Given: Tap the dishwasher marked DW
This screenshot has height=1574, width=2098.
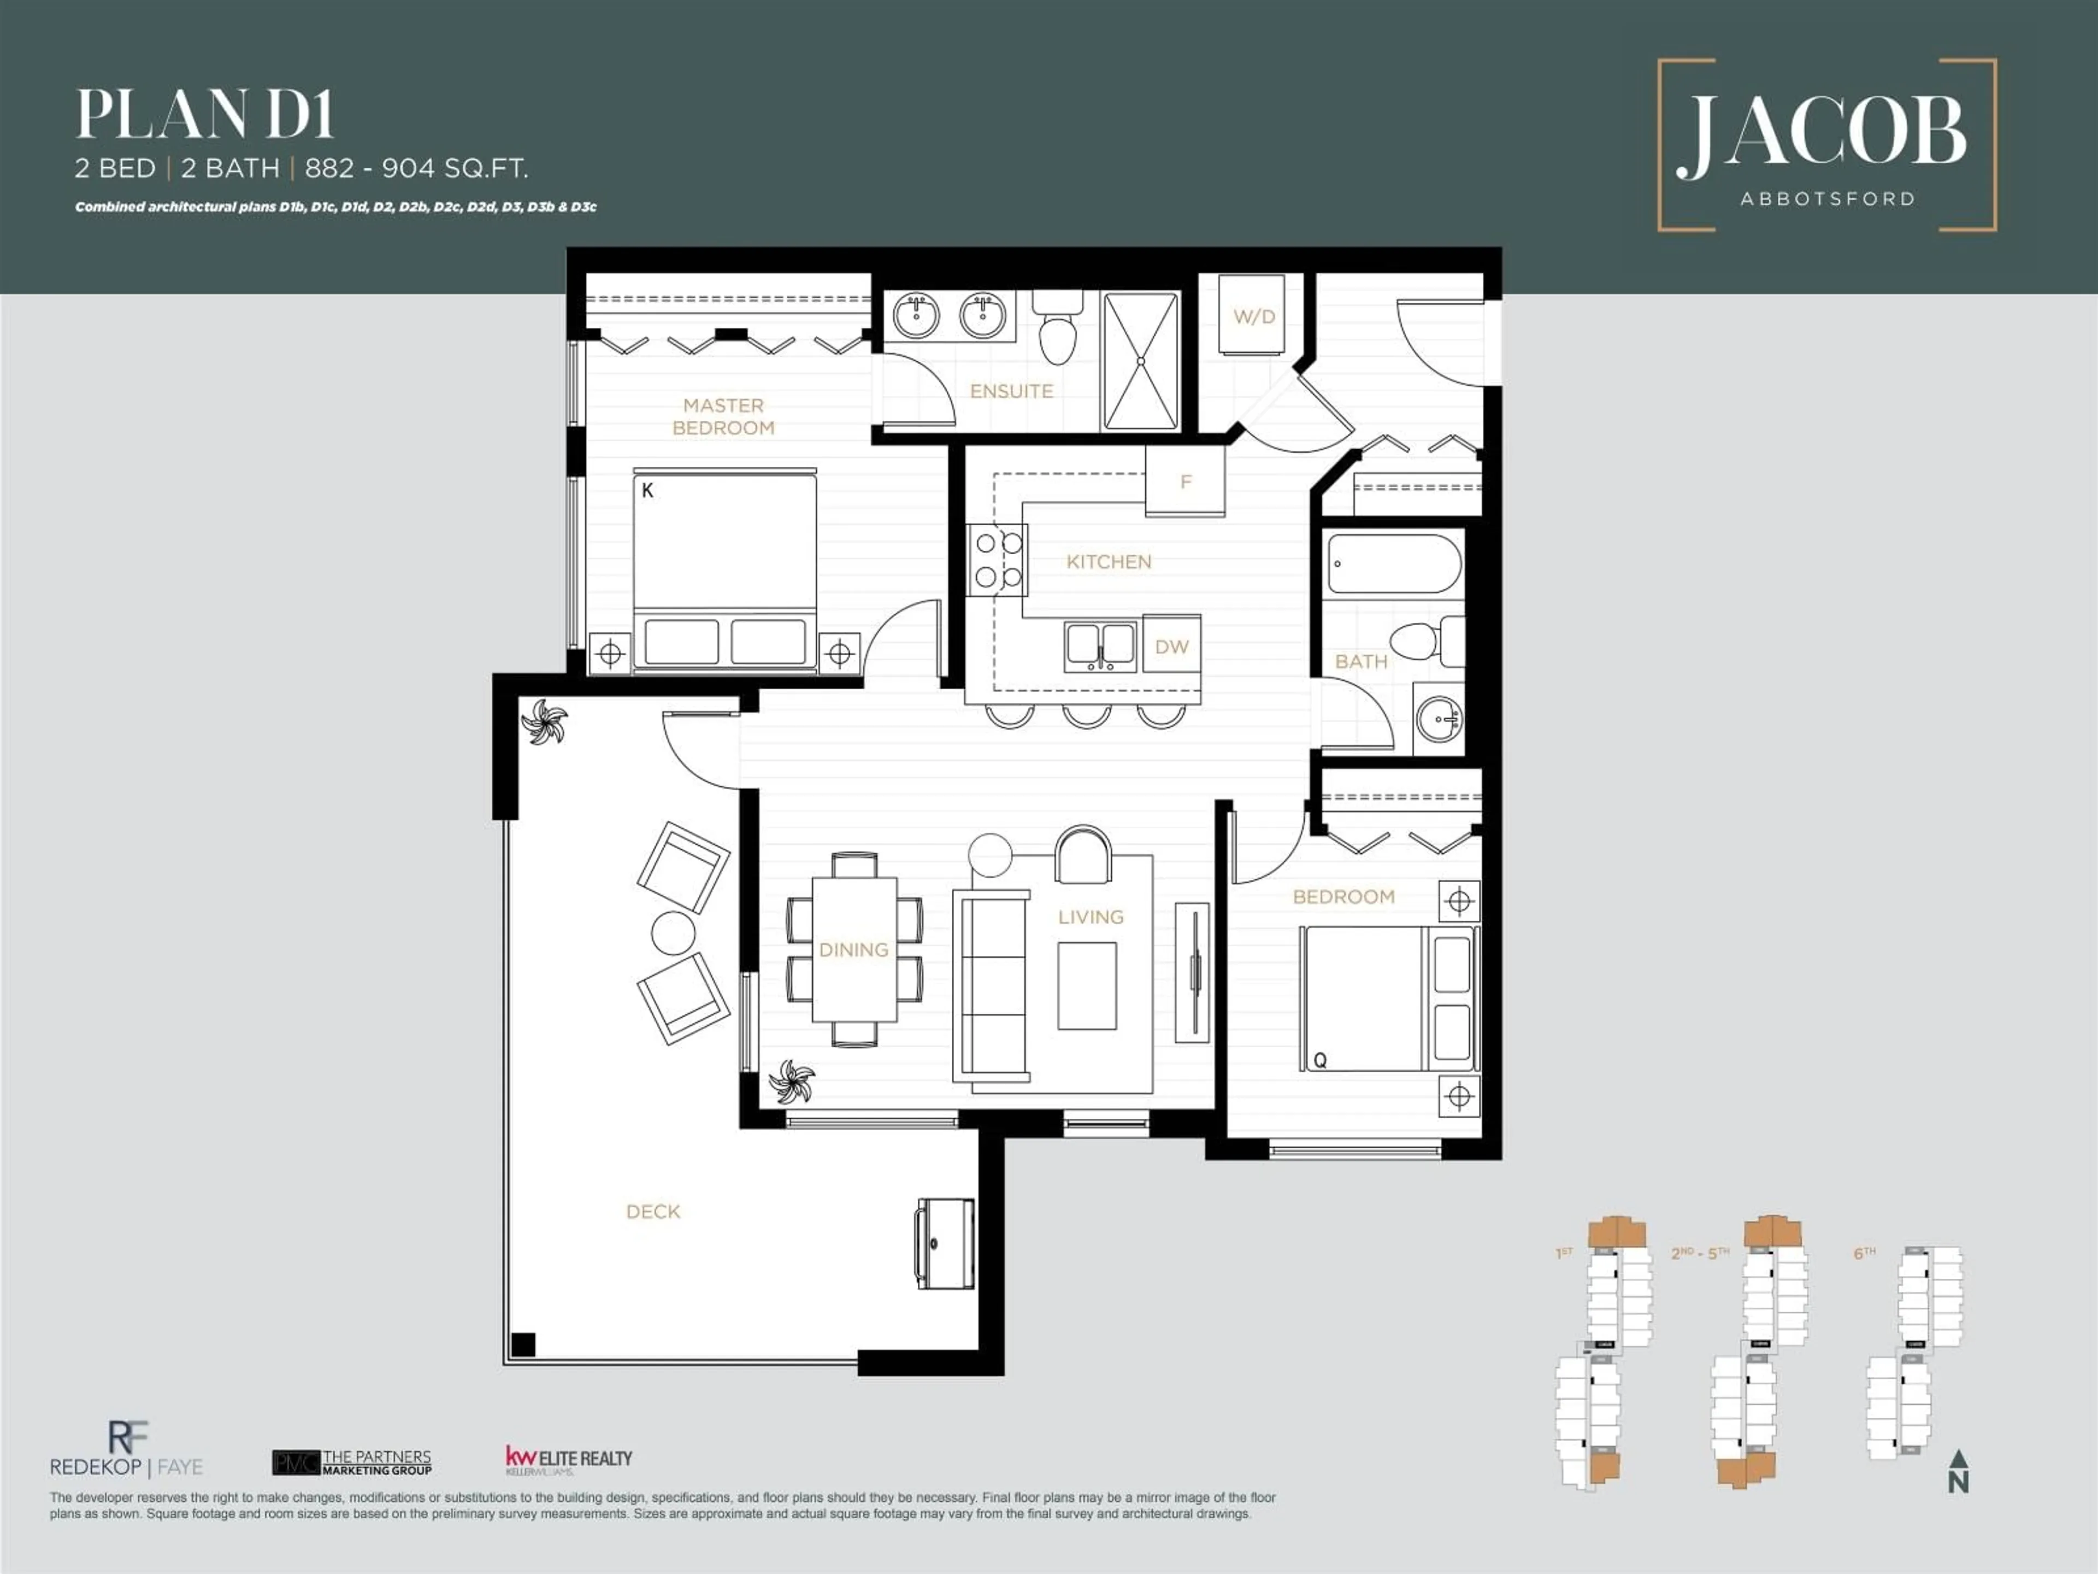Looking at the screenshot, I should click(1171, 646).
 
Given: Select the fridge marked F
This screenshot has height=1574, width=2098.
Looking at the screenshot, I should click(1184, 482).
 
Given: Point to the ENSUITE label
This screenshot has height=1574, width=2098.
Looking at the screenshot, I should click(1011, 391).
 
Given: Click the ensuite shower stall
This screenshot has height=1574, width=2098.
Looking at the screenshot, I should click(1141, 361).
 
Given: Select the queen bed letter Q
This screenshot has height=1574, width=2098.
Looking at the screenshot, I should click(1319, 1060).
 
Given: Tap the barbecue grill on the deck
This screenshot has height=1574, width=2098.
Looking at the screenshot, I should click(945, 1243).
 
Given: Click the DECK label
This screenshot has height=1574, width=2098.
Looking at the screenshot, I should click(652, 1212).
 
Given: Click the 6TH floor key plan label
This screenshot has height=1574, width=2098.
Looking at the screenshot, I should click(1864, 1253).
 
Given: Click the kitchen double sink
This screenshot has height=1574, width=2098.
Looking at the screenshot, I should click(1100, 646).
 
